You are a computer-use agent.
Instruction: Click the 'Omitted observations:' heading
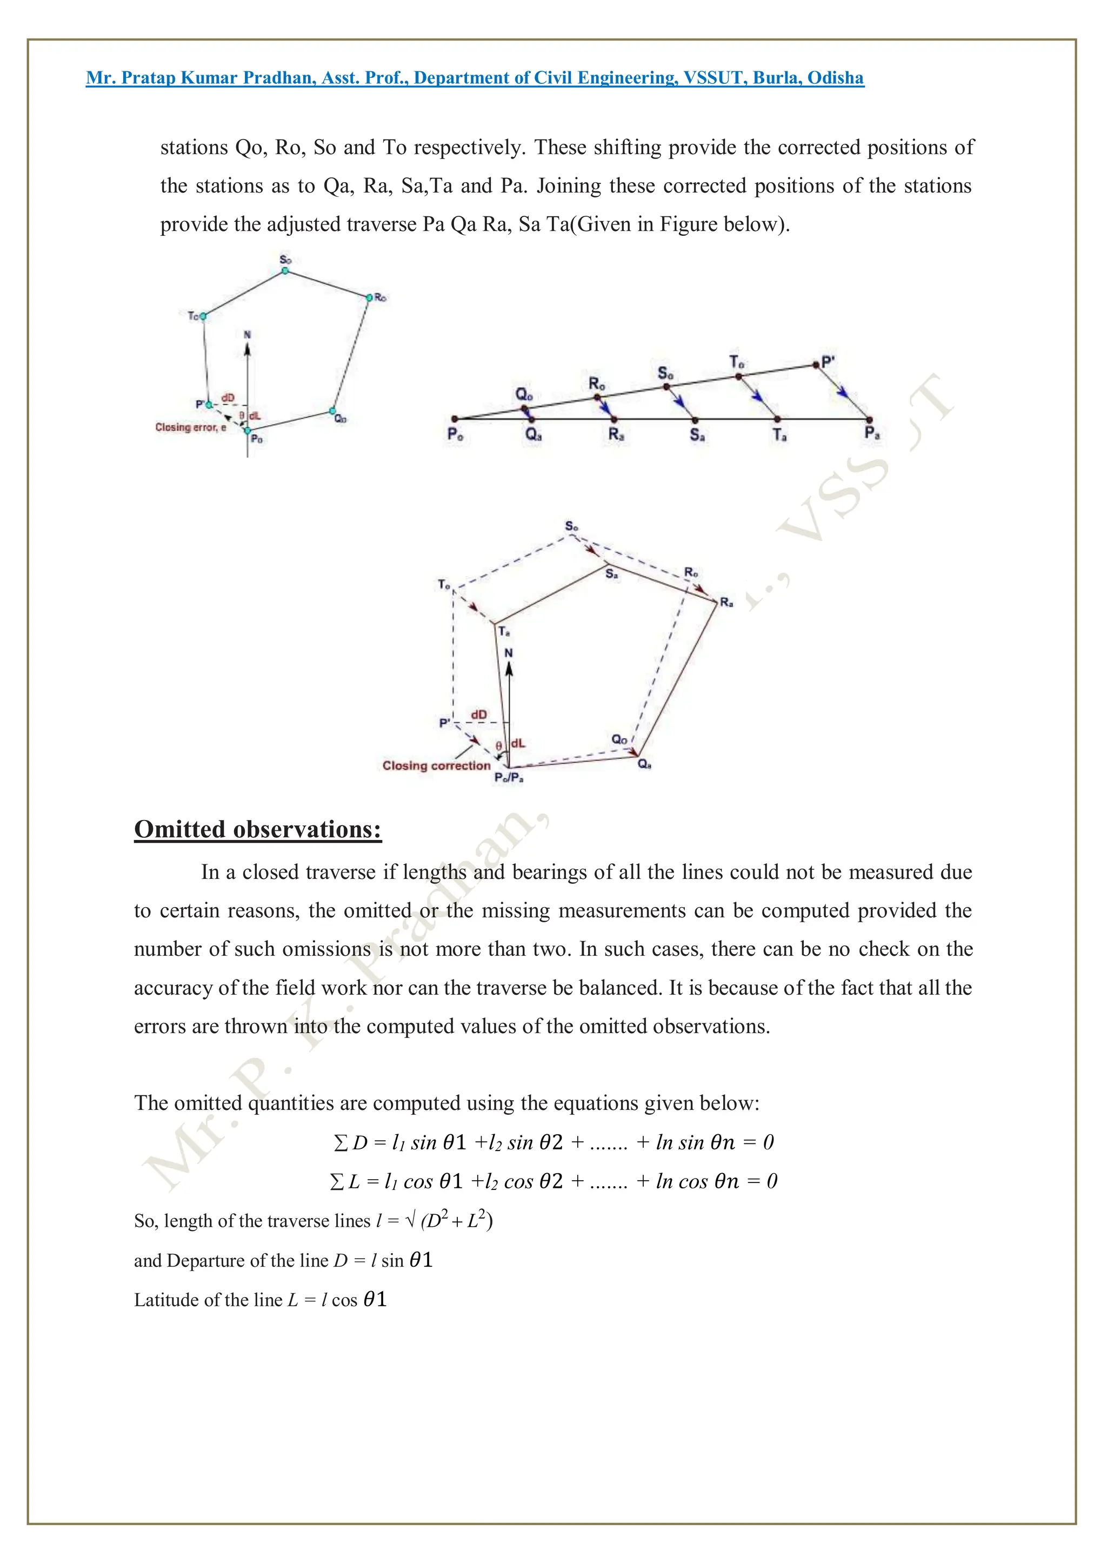(x=258, y=829)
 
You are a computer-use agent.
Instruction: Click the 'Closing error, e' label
(x=190, y=427)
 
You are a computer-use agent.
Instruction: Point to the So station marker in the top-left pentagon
(x=285, y=271)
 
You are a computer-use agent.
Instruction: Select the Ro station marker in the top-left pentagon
(x=369, y=297)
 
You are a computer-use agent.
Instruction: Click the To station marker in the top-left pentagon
(x=203, y=316)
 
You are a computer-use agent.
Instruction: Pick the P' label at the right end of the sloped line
(x=828, y=362)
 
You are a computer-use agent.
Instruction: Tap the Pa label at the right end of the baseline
(x=872, y=433)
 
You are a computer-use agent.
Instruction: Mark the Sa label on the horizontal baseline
(x=697, y=435)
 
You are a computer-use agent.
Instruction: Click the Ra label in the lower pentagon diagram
(x=726, y=602)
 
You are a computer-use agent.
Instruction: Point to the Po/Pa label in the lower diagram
(x=509, y=778)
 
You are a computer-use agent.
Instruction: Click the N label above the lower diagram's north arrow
(x=508, y=653)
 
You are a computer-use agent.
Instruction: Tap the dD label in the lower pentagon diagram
(x=479, y=715)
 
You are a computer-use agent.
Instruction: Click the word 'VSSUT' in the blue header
(x=713, y=78)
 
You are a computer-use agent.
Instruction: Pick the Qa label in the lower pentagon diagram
(x=644, y=764)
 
